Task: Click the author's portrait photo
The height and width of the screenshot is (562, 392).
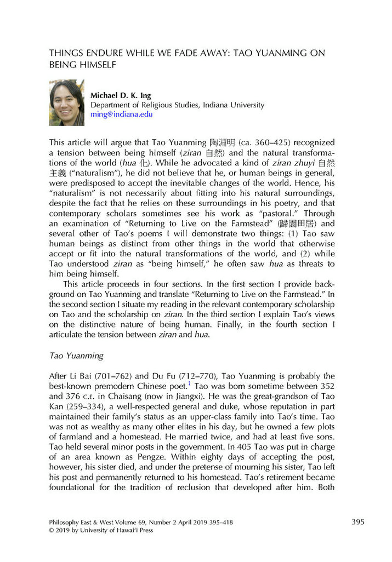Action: click(67, 102)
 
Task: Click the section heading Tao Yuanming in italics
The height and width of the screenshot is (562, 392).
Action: click(76, 355)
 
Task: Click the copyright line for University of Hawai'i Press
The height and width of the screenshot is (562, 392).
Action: click(101, 530)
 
